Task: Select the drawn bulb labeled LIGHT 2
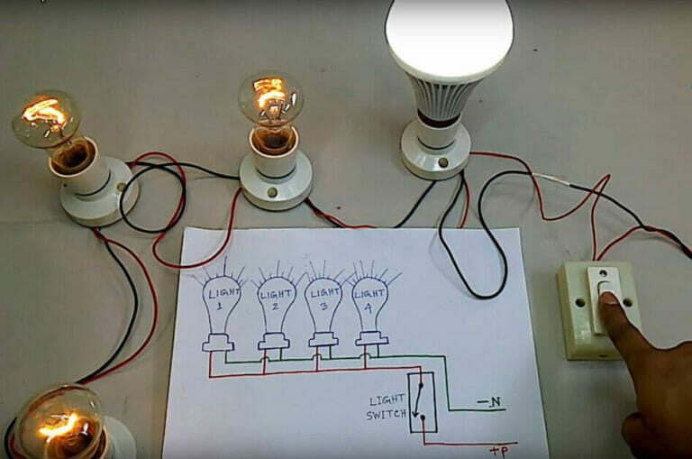coord(274,302)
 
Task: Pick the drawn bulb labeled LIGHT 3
coord(323,302)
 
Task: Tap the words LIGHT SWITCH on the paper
coord(386,408)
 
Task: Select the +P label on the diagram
coord(501,449)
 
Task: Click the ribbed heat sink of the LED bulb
coord(438,96)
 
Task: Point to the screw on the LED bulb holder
coord(443,162)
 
